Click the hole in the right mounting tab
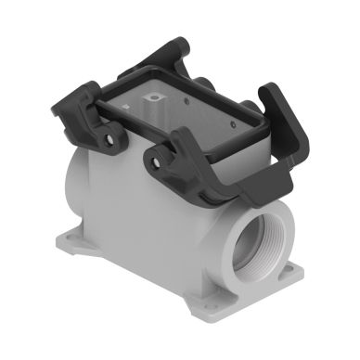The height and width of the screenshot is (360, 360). click(286, 272)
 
